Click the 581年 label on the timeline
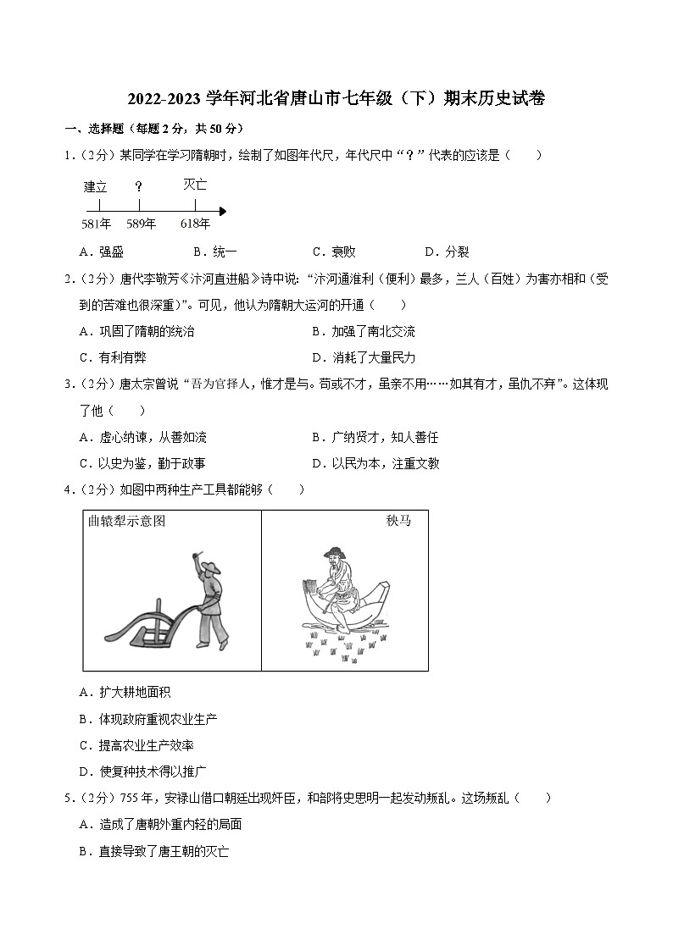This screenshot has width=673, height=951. click(x=96, y=224)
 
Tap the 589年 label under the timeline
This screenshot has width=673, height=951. click(x=141, y=224)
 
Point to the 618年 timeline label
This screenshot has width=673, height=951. click(x=195, y=224)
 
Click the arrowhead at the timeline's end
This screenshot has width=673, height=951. click(x=222, y=211)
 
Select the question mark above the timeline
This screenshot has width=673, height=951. click(x=138, y=186)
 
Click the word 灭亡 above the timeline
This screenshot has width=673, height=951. click(x=195, y=184)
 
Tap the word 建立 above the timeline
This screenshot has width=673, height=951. click(x=96, y=187)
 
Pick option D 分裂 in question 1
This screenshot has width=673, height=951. click(x=447, y=252)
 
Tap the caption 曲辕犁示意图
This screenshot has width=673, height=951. click(x=127, y=521)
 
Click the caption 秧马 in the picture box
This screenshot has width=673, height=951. click(x=398, y=521)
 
